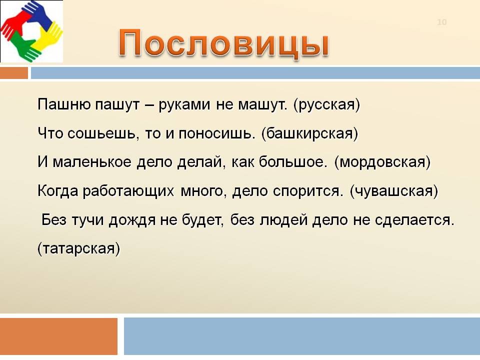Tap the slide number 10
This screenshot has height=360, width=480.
[x=441, y=22]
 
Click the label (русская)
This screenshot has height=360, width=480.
[x=326, y=105]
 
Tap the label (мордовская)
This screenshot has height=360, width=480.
[x=382, y=162]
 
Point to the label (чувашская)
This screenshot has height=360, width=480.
[x=393, y=191]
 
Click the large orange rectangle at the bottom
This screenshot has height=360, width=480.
[x=58, y=336]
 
